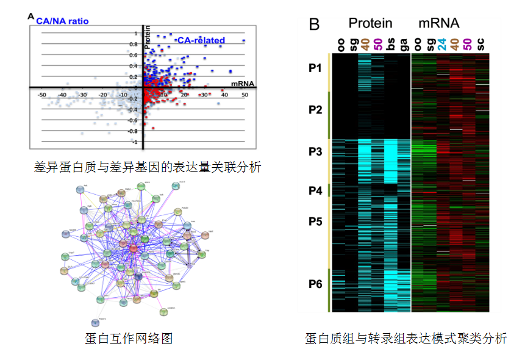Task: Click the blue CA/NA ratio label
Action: pos(62,21)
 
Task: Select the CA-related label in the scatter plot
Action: pos(201,41)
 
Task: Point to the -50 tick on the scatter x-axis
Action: pos(41,95)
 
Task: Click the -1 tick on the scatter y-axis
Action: pos(135,142)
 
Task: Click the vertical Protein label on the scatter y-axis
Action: pos(147,37)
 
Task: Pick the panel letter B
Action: pos(315,24)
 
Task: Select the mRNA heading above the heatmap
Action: pos(439,23)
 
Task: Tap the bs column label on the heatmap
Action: pos(391,45)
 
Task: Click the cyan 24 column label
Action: pos(442,45)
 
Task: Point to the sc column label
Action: pos(481,45)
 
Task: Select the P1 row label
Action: pos(315,68)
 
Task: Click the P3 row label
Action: pos(315,152)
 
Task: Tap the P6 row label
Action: pos(315,284)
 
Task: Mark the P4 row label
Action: pos(315,191)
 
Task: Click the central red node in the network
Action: pos(134,249)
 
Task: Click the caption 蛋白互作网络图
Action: pos(124,338)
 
